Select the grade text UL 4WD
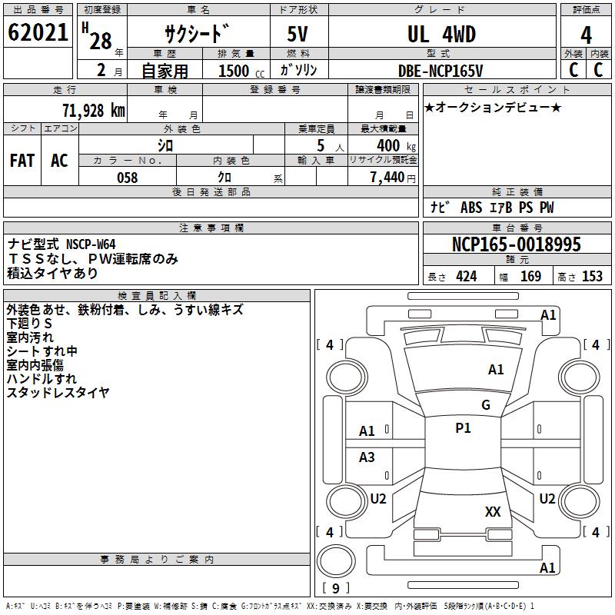(441, 34)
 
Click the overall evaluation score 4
(586, 35)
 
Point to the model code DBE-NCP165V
(440, 70)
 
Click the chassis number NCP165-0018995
(517, 244)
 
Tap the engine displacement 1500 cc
(235, 71)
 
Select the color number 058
(127, 178)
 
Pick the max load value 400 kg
(394, 145)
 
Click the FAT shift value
(22, 161)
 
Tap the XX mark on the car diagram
(493, 511)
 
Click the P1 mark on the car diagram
(463, 428)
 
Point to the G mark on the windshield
(486, 404)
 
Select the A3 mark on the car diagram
(367, 457)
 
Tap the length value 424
(467, 277)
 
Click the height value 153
(593, 277)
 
